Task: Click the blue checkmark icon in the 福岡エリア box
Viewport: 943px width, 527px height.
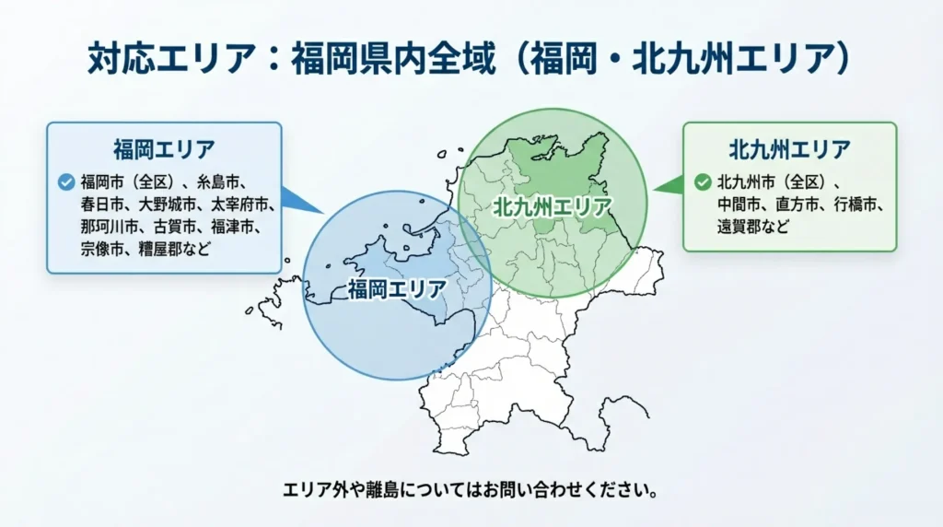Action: coord(66,182)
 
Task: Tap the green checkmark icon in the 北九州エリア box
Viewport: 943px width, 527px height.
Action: coord(703,182)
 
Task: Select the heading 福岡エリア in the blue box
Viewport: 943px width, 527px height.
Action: coord(164,149)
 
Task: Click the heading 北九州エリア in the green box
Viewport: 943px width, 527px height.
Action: coord(789,149)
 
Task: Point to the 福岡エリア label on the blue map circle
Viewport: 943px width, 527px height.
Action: coord(398,289)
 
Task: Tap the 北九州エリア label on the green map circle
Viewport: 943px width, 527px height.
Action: coord(553,207)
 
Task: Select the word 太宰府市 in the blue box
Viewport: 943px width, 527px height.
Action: coord(239,205)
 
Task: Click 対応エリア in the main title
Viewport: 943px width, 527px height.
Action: coord(172,58)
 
